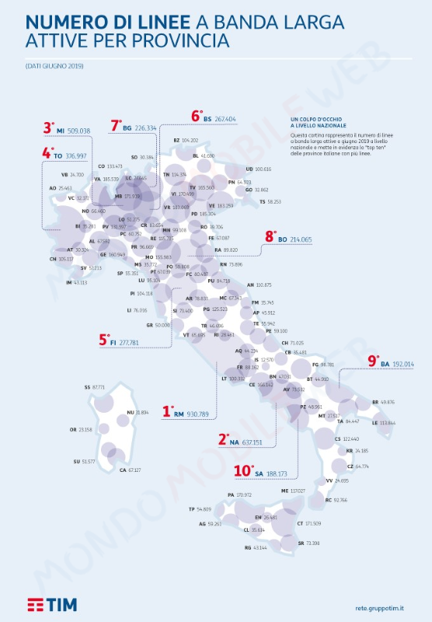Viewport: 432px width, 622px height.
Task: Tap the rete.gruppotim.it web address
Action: coord(383,606)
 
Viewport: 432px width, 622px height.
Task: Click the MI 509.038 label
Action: coord(72,131)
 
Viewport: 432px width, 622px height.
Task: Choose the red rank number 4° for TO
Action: coord(47,153)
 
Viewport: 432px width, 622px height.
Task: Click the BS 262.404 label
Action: coord(219,119)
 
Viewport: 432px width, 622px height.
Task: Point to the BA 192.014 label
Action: coord(398,364)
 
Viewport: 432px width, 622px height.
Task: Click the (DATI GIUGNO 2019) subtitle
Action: coord(54,66)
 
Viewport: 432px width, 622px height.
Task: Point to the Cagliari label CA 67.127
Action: coord(129,470)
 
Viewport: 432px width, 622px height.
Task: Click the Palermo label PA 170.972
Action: coord(239,494)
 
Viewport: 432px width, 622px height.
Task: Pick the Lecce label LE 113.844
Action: coord(387,423)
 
